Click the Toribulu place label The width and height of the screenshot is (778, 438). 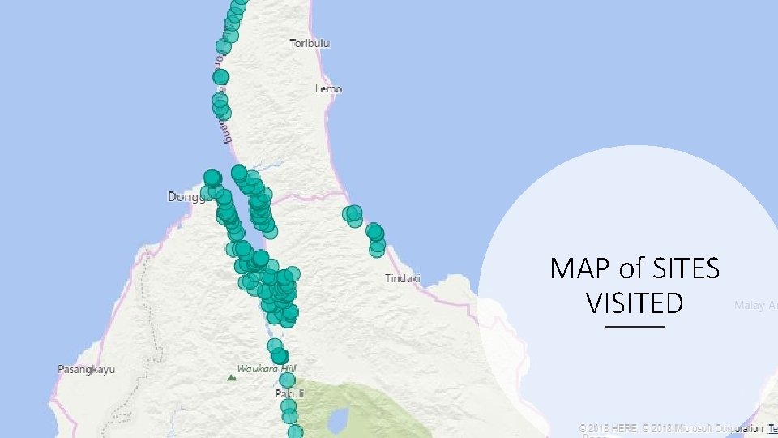pyautogui.click(x=310, y=43)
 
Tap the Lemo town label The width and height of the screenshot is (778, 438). pyautogui.click(x=328, y=88)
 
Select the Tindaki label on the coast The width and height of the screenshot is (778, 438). pyautogui.click(x=403, y=278)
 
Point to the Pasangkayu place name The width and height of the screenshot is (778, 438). pyautogui.click(x=86, y=369)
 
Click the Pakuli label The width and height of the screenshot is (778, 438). pyautogui.click(x=289, y=394)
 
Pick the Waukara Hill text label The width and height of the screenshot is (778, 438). pyautogui.click(x=267, y=368)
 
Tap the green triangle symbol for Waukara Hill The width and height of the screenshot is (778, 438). pyautogui.click(x=232, y=376)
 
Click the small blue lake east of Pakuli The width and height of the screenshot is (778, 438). pyautogui.click(x=338, y=419)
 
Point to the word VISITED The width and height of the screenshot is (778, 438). pyautogui.click(x=635, y=303)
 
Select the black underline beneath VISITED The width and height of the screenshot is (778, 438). pyautogui.click(x=635, y=327)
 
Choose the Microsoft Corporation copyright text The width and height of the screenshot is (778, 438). pyautogui.click(x=712, y=427)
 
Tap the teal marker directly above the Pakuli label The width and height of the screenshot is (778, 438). pyautogui.click(x=288, y=380)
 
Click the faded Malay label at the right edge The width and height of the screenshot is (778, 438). pyautogui.click(x=755, y=306)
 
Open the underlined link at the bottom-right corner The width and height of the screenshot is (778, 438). pyautogui.click(x=773, y=427)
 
